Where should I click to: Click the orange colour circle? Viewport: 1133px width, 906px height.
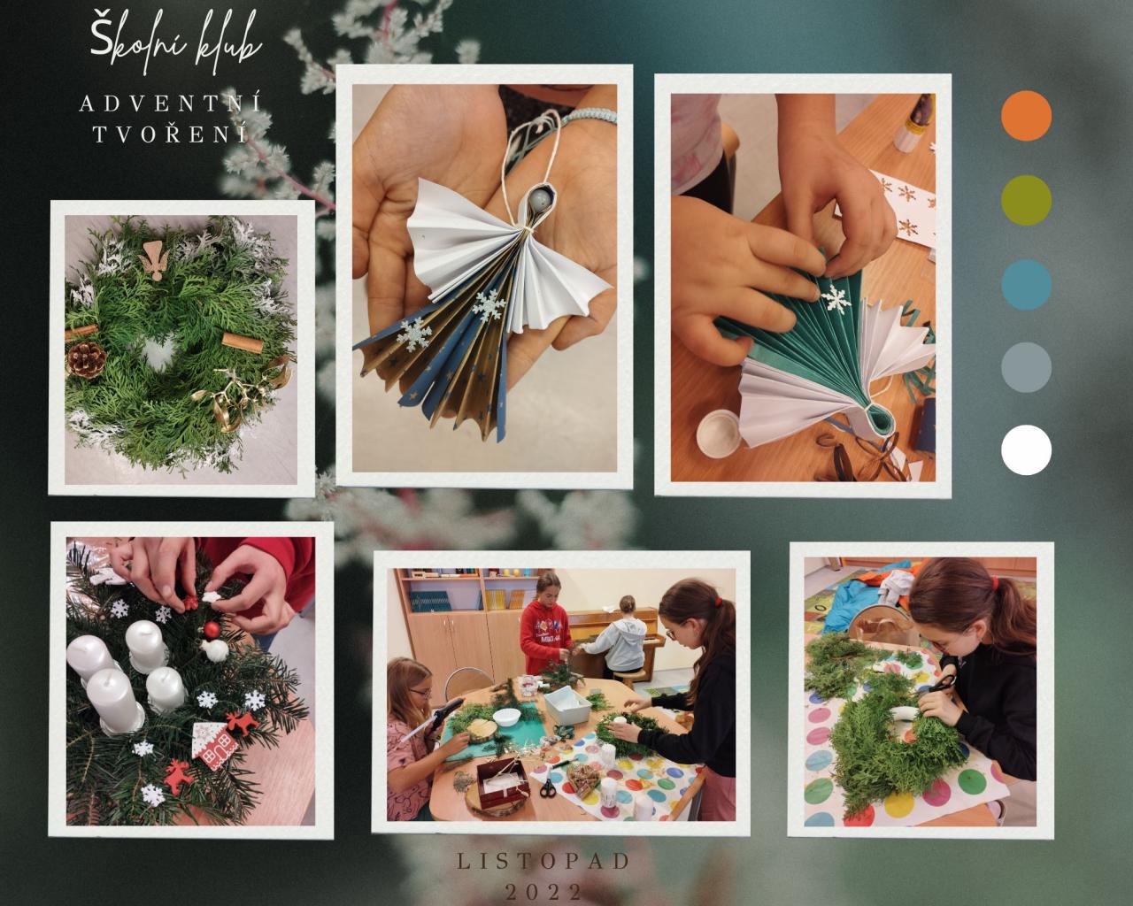coord(1026,115)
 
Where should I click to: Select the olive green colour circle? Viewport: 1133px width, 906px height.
coord(1026,200)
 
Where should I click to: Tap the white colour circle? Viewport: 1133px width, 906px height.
coord(1026,450)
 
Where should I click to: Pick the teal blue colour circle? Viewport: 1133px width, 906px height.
coord(1026,284)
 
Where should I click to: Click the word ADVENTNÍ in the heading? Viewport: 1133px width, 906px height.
coord(170,104)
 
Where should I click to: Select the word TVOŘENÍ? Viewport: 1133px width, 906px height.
coord(170,134)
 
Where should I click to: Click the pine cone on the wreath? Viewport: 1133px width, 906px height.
coord(87,359)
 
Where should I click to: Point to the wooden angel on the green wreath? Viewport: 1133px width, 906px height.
coord(153,260)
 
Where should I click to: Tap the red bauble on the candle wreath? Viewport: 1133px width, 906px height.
coord(212,629)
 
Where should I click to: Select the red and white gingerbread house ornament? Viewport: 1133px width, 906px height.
coord(213,746)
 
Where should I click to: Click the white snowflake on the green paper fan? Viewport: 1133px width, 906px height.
coord(836,298)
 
